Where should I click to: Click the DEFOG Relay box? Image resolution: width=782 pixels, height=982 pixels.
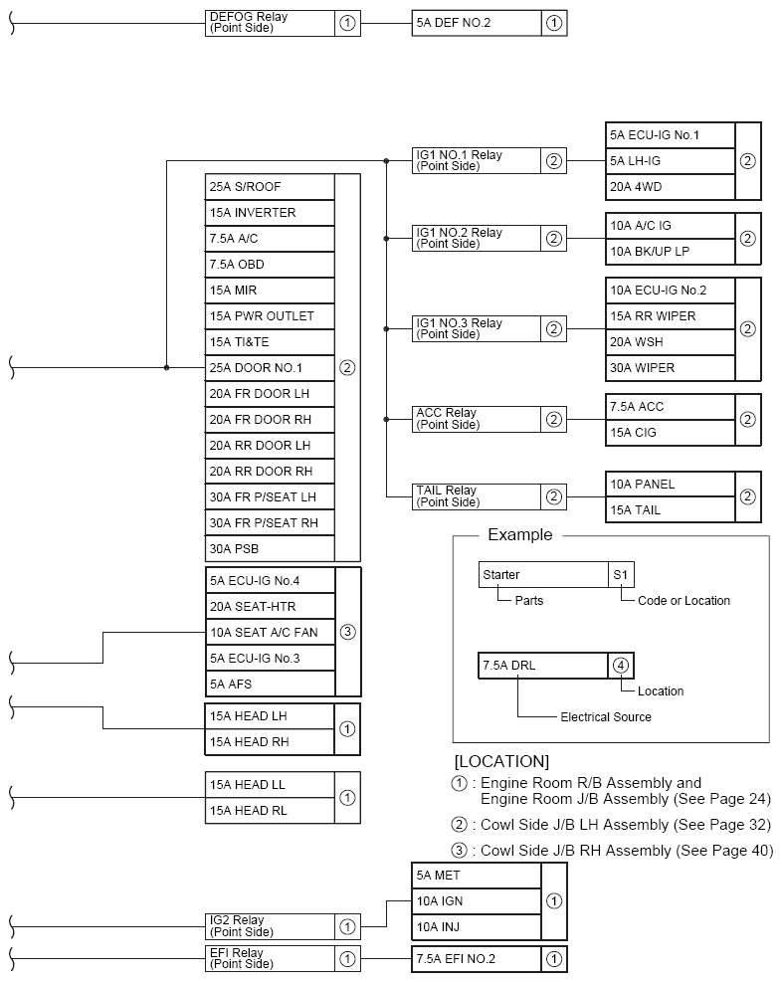click(270, 23)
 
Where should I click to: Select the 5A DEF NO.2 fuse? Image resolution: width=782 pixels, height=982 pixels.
click(477, 23)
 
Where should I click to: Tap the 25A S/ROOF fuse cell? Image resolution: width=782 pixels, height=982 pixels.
click(270, 186)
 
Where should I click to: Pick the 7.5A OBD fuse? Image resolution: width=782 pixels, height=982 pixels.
click(270, 264)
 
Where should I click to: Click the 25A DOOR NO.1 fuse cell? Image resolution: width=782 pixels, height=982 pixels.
click(270, 367)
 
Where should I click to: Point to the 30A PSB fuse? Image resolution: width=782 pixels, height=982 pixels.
click(270, 548)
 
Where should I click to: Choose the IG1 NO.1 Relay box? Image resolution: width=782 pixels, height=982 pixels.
click(477, 160)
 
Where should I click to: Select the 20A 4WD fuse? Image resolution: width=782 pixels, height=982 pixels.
click(670, 186)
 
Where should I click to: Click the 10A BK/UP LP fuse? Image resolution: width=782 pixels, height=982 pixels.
click(670, 251)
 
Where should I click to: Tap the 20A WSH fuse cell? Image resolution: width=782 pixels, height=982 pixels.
click(670, 341)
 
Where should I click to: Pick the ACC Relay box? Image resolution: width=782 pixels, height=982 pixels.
click(477, 419)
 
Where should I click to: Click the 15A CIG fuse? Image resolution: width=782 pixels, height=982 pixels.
click(670, 432)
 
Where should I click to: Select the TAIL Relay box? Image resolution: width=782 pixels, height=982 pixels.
click(477, 495)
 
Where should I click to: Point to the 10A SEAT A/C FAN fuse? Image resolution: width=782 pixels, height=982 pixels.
click(270, 632)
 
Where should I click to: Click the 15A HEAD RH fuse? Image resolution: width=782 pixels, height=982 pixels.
click(269, 741)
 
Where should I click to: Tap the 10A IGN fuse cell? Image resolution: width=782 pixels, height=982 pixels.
click(476, 901)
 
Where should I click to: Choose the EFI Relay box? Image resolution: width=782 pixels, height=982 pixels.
click(270, 958)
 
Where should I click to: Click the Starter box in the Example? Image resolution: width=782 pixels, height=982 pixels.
click(543, 574)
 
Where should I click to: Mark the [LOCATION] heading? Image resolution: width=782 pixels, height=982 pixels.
click(501, 761)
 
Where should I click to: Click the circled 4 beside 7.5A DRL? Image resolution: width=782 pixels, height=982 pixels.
click(620, 666)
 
